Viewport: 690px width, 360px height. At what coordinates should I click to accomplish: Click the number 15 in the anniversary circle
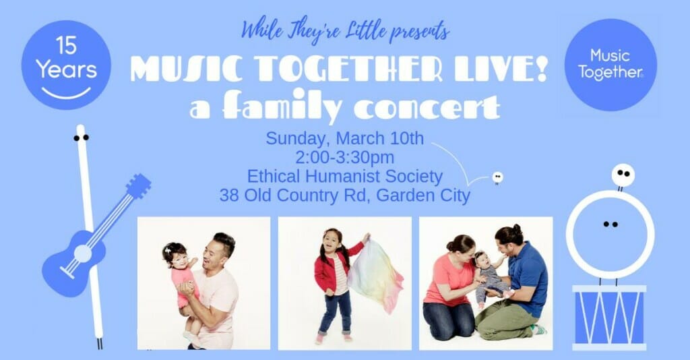pos(66,45)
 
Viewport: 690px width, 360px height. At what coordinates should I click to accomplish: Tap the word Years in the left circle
pos(67,70)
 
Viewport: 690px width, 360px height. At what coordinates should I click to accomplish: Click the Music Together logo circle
pos(610,64)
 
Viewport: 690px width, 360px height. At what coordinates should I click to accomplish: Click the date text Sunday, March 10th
pos(344,138)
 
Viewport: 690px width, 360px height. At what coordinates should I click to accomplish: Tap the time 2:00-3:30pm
pos(344,157)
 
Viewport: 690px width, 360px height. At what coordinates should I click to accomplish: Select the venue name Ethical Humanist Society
pos(344,176)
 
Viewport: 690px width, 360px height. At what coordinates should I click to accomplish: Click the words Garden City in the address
pos(423,195)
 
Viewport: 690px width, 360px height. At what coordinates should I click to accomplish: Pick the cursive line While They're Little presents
pos(346,31)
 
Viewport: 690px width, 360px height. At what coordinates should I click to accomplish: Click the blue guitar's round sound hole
pos(83,254)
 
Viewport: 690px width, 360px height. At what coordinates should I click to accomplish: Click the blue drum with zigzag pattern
pos(609,317)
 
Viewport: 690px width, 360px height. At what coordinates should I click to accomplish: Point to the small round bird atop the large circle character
pos(623,175)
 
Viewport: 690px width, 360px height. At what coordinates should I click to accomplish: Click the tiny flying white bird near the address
pos(497,177)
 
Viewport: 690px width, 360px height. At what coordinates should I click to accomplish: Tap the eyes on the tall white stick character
pos(82,138)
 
